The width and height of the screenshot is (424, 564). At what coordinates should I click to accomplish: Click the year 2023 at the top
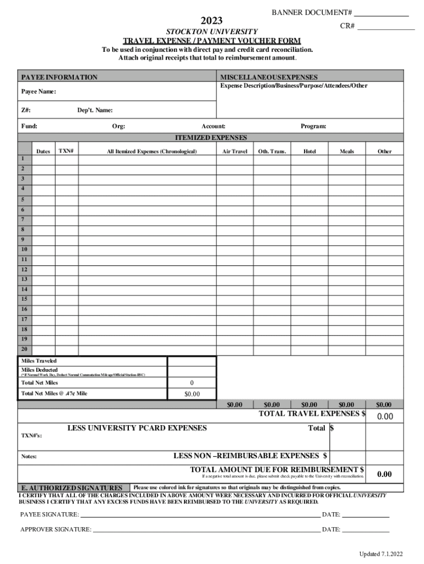click(211, 21)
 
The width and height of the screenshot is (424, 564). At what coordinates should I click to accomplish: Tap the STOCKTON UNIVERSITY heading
click(212, 32)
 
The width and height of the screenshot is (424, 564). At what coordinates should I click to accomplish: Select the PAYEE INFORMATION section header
click(59, 77)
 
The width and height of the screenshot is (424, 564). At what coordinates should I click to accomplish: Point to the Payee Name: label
click(39, 91)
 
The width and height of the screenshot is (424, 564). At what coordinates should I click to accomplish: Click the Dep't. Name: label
click(95, 110)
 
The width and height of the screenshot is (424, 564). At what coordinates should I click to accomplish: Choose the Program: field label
click(313, 127)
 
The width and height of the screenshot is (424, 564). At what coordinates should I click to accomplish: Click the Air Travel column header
click(235, 151)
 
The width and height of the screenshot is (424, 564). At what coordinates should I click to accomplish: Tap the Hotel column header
click(309, 151)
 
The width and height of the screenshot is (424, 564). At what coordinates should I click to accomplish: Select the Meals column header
click(347, 151)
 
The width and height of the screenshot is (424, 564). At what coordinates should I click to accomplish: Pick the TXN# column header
click(66, 151)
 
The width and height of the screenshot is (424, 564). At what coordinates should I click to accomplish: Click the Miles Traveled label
click(39, 361)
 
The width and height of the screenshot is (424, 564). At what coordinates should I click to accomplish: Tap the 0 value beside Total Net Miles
click(192, 383)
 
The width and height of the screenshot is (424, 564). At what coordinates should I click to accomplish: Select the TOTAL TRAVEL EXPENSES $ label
click(312, 414)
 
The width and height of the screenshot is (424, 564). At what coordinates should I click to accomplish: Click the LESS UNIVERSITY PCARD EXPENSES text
click(137, 428)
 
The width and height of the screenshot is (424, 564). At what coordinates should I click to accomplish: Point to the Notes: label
click(29, 457)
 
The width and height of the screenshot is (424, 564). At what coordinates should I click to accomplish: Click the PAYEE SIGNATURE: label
click(50, 514)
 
